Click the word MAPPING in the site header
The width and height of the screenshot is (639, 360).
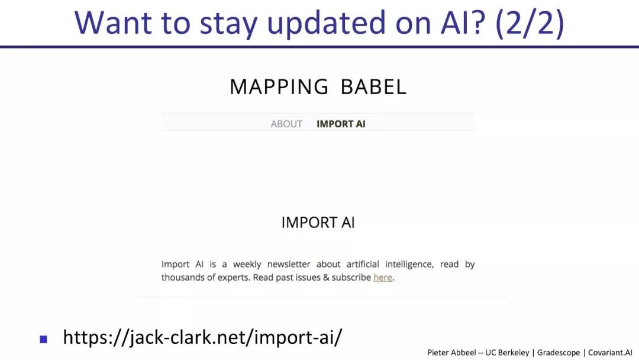[x=279, y=87]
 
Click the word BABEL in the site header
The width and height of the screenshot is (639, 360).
[x=373, y=87]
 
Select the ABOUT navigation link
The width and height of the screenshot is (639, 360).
[x=286, y=124]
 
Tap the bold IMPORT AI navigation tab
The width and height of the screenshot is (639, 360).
[x=341, y=124]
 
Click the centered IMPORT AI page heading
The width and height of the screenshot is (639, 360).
[x=318, y=223]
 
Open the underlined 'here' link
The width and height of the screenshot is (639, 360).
[x=382, y=277]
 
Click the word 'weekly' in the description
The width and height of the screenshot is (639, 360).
[x=247, y=264]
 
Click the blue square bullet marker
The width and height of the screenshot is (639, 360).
[x=43, y=339]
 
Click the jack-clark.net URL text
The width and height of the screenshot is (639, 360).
[x=202, y=337]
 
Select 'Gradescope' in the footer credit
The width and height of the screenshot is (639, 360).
[x=559, y=352]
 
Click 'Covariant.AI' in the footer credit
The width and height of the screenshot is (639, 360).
[x=610, y=352]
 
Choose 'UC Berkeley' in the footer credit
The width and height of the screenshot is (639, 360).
[x=508, y=352]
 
